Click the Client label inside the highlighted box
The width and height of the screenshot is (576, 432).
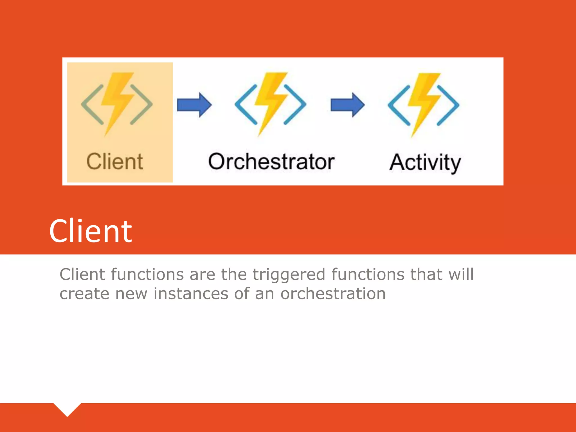tap(115, 162)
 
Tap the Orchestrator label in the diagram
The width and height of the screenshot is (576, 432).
tap(271, 162)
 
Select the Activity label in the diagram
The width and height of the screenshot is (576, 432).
tap(425, 163)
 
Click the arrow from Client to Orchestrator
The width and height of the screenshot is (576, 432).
tap(194, 105)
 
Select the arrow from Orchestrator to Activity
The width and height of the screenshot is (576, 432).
tap(348, 105)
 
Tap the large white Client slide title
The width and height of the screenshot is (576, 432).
tap(91, 231)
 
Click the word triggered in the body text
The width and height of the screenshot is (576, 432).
tap(289, 274)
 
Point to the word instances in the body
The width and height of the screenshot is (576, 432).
tap(191, 294)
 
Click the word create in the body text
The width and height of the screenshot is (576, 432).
tap(84, 294)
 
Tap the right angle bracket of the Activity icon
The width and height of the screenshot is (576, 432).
tap(448, 105)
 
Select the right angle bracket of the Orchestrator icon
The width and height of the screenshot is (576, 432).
tap(295, 104)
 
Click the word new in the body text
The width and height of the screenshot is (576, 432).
tap(131, 294)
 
